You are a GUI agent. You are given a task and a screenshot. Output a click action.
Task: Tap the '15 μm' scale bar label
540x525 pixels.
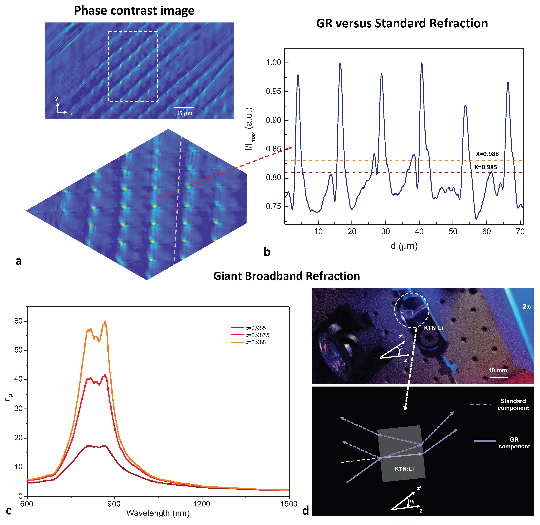click(184, 113)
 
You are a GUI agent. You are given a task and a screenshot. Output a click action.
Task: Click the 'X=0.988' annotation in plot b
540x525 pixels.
click(487, 154)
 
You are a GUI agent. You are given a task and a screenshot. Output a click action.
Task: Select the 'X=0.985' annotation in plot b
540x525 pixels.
click(485, 167)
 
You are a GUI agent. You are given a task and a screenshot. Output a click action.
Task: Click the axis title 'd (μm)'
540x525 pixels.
click(404, 246)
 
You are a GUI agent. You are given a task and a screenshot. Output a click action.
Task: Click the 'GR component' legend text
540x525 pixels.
click(514, 443)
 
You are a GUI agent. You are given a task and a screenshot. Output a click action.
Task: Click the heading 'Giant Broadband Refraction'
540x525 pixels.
click(286, 276)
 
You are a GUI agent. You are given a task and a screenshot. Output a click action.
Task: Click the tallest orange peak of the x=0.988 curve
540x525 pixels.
click(105, 322)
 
